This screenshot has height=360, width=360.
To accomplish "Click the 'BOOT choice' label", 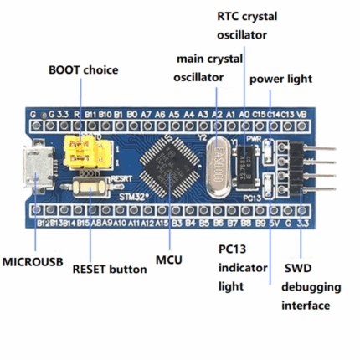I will click(x=82, y=69).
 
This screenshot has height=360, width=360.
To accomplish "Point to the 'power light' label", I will click(x=280, y=80).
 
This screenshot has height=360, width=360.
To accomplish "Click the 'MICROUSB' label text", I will click(x=33, y=262).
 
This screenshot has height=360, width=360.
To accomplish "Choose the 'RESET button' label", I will click(x=109, y=269).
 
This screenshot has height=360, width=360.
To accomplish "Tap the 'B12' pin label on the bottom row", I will click(x=43, y=224).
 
